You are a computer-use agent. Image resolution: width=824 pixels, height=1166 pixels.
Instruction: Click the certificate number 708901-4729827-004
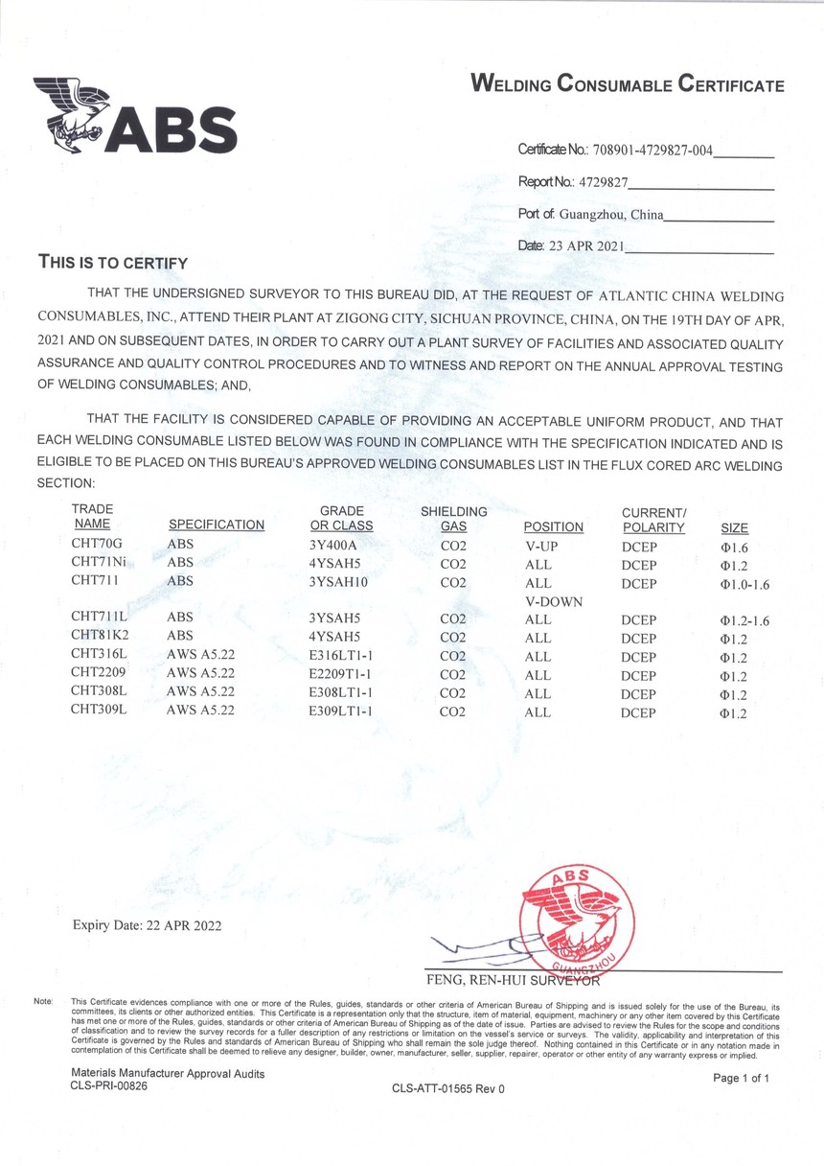[x=661, y=151]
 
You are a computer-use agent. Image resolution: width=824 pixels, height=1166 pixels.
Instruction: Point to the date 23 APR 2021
[x=585, y=245]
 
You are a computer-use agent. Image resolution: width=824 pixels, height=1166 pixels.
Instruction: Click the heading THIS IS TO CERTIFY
[x=112, y=262]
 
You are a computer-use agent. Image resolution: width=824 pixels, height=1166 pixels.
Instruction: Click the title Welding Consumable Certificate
[x=628, y=84]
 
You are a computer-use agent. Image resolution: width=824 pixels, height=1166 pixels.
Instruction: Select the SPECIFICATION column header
[x=217, y=525]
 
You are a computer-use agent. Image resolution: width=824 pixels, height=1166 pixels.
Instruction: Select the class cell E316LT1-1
[x=341, y=657]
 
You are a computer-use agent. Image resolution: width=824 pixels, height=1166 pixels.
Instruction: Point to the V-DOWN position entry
[x=555, y=600]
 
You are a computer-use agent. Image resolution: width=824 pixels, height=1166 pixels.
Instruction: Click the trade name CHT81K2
[x=100, y=638]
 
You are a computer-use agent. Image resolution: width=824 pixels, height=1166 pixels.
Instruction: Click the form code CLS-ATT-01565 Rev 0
[x=447, y=1088]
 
